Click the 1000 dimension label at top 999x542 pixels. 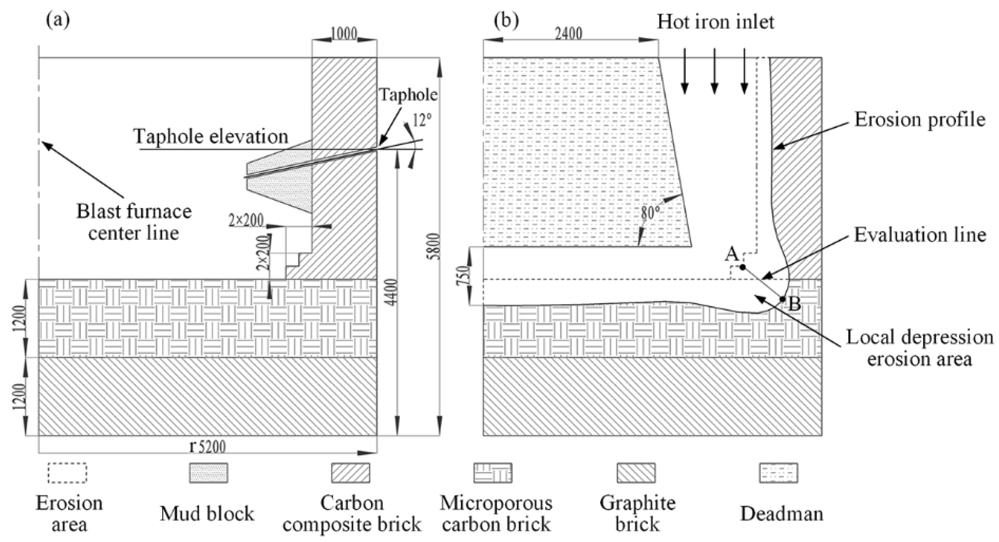click(344, 34)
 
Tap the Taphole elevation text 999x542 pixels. click(210, 137)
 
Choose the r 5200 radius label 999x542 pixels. click(207, 447)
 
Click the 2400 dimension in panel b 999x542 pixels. click(568, 34)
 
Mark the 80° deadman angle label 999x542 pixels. click(651, 213)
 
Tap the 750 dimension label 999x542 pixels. click(464, 276)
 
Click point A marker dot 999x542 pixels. click(742, 267)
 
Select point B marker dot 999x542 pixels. click(782, 299)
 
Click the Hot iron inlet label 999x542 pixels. click(715, 22)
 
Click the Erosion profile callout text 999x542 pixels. click(920, 120)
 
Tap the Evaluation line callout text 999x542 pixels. click(920, 235)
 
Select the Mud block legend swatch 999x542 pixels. click(209, 473)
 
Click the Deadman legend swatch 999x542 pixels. click(778, 473)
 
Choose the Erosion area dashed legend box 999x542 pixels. click(67, 473)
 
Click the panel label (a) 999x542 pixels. click(58, 21)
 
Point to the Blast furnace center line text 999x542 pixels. click(134, 222)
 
